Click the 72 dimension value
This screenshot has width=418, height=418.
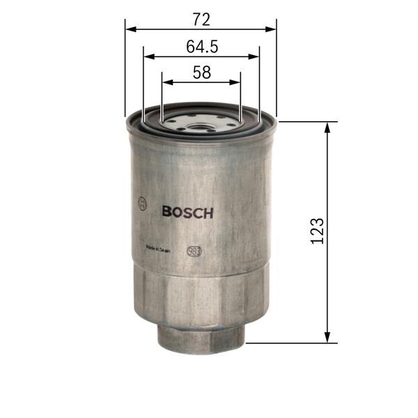click(x=201, y=19)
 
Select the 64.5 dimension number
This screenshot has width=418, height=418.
click(x=202, y=47)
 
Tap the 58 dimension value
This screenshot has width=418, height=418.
click(x=201, y=72)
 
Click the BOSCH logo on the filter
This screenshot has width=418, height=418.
click(x=187, y=213)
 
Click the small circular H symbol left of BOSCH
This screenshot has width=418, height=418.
click(x=144, y=203)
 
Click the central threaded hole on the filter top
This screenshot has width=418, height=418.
click(x=201, y=128)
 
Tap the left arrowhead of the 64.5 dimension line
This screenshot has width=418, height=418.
click(x=147, y=57)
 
